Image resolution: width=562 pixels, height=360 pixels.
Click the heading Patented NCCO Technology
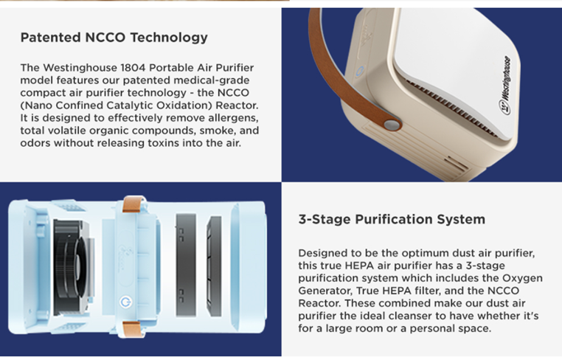(114, 38)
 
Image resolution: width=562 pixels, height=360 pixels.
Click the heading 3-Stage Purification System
(392, 219)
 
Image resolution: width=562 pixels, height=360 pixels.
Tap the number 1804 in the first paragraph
(133, 68)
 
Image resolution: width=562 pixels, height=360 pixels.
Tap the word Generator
(325, 291)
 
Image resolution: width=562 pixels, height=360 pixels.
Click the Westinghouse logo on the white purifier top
(504, 86)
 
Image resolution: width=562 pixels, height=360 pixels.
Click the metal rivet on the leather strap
(392, 125)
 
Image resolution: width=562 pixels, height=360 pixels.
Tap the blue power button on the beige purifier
(360, 71)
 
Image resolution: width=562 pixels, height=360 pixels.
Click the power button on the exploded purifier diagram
(125, 302)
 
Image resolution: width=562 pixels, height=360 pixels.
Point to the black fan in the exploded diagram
(71, 268)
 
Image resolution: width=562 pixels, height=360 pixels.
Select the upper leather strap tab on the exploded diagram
(133, 204)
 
